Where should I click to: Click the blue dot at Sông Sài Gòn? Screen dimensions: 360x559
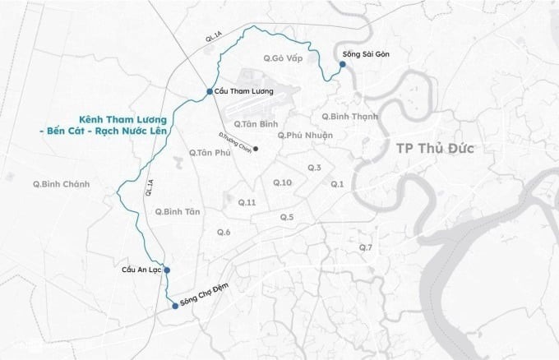point(342,63)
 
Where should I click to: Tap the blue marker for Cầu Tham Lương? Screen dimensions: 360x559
point(210,91)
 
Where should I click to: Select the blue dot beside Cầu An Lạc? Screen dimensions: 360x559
point(166,270)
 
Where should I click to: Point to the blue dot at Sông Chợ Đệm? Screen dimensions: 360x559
point(174,306)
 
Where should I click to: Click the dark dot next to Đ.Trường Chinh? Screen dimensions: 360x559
point(256,149)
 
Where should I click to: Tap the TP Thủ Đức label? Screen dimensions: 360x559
point(437,148)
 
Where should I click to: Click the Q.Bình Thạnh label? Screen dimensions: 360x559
point(350,116)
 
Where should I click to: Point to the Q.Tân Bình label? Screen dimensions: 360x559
point(252,124)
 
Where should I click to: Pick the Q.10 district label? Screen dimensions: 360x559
point(282,182)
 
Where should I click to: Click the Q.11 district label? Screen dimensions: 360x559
point(247,202)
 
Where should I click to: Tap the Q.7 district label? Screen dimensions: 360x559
point(365,247)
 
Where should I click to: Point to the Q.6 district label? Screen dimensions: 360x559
point(224,233)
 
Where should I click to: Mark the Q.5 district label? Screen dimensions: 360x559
point(287,217)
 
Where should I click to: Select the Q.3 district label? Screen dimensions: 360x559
point(314,168)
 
